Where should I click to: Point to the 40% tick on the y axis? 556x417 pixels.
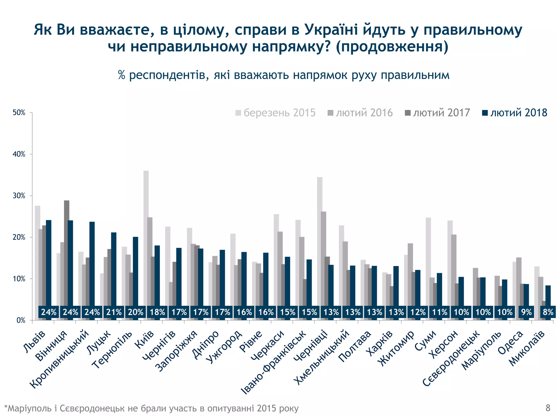point(19,154)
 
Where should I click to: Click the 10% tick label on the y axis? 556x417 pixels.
point(19,279)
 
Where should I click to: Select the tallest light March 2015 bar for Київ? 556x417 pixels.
point(146,239)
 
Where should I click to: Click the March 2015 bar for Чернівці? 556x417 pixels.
point(320,242)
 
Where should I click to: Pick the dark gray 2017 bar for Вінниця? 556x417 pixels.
point(67,252)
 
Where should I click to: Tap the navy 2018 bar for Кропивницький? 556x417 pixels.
point(92,263)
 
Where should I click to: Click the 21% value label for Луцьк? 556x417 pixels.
point(114,312)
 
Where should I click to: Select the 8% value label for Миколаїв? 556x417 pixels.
point(548,312)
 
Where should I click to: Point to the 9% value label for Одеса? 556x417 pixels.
point(526,312)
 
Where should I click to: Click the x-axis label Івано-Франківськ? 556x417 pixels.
point(274,362)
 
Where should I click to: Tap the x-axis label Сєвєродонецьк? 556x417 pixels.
point(452,358)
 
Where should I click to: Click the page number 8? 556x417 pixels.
point(548,408)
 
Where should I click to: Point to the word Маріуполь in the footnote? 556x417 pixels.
point(28,408)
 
